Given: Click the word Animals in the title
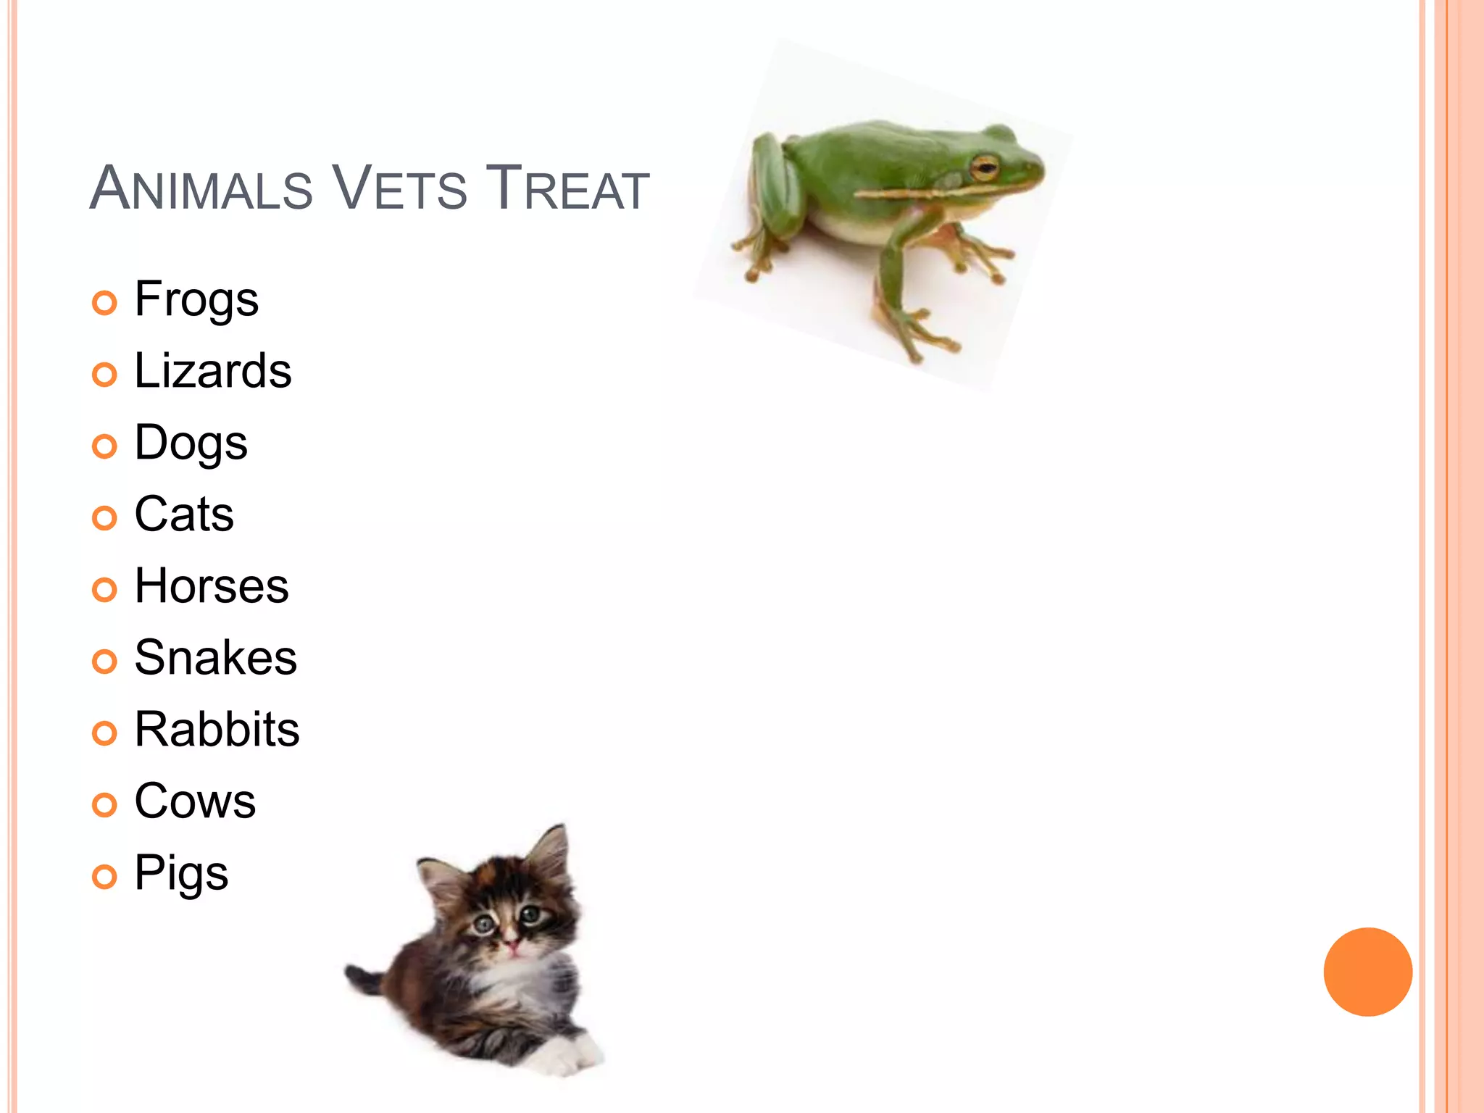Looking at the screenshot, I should tap(201, 188).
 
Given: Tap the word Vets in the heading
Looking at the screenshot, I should tap(399, 188).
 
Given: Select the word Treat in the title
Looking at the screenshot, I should tap(567, 188).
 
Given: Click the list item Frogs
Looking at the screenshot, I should tap(196, 299).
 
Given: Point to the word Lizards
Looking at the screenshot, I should tap(213, 371).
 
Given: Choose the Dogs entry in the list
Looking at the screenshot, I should tap(191, 443).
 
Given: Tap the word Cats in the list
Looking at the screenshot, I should tap(184, 514).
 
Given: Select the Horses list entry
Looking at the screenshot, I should tap(212, 586).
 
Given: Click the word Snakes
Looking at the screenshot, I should tap(216, 658).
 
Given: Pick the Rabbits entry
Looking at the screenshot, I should tap(217, 730).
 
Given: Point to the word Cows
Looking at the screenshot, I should tap(195, 801).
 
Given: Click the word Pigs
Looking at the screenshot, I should tap(181, 873).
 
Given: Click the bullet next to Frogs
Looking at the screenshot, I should tap(104, 303).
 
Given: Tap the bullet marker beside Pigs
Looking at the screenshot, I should tap(104, 877).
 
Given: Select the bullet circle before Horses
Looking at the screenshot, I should tap(104, 590).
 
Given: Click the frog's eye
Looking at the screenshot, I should tap(984, 167).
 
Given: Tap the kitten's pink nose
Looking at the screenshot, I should tap(512, 945).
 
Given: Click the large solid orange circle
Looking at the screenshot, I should tap(1367, 972).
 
